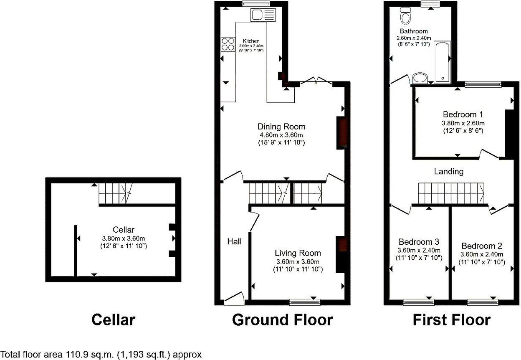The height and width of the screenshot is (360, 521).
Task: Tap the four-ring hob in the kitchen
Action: coord(228,44)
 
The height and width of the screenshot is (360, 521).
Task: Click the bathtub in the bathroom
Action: coord(443,61)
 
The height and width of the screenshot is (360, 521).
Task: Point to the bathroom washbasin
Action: coord(420,78)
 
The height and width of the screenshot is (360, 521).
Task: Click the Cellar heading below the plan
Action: coord(113,320)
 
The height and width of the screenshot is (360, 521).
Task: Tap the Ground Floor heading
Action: coord(282,320)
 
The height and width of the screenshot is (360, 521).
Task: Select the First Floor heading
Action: coord(451,320)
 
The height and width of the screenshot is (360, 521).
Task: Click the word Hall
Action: coord(234,241)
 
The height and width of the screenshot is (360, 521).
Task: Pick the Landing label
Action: coord(449,171)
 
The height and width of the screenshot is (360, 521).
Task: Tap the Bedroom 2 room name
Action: coord(481,246)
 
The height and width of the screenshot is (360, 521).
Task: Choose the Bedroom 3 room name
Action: coord(419,242)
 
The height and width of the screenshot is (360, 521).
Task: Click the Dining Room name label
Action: coord(281,127)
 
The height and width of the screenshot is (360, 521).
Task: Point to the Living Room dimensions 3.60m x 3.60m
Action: coord(298,262)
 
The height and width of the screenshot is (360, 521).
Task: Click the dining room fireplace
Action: coord(341,133)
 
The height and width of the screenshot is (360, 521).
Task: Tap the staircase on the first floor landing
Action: coord(451,193)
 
